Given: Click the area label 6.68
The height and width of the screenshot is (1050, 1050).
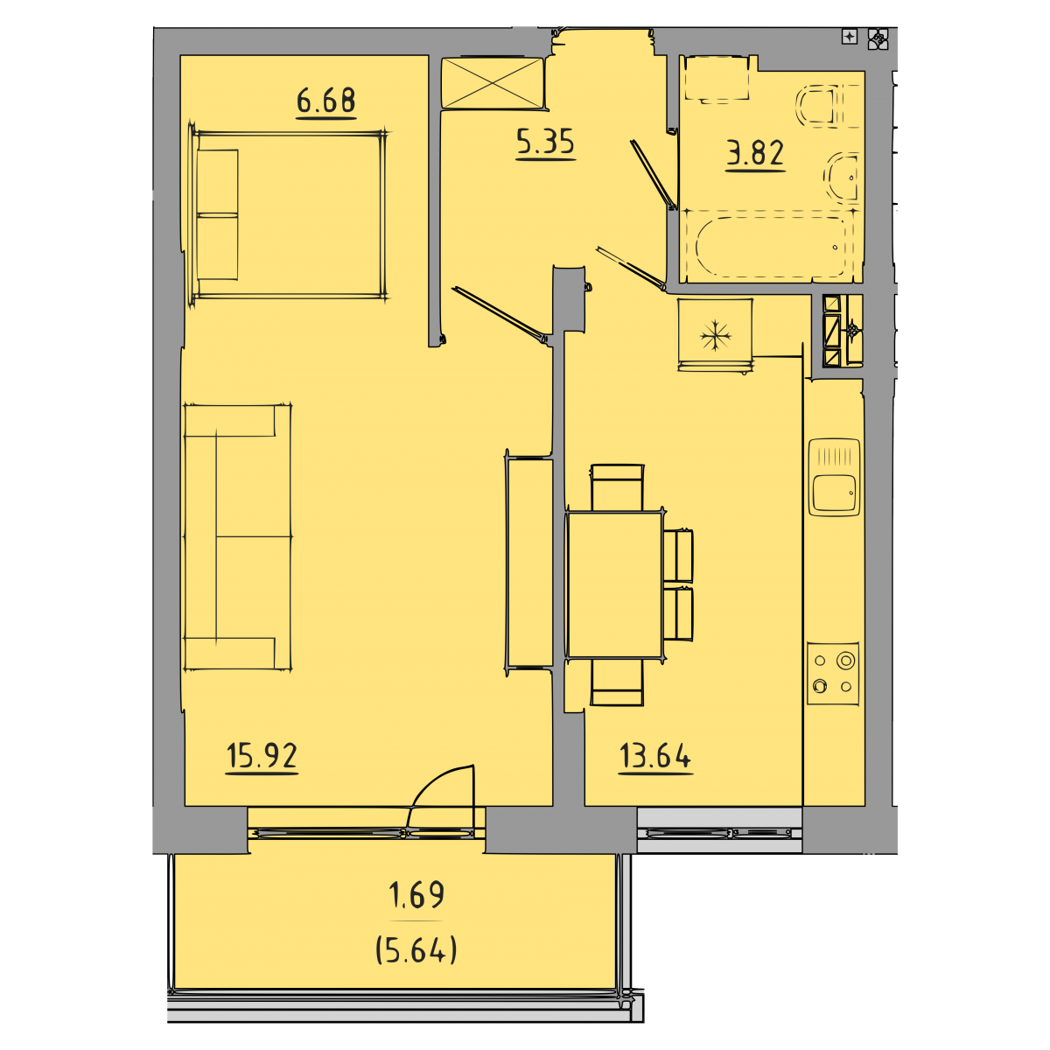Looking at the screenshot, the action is pyautogui.click(x=325, y=101).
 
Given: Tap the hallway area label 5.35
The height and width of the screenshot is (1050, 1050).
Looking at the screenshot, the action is pyautogui.click(x=545, y=143).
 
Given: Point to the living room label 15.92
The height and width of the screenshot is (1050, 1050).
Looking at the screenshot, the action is pyautogui.click(x=262, y=756).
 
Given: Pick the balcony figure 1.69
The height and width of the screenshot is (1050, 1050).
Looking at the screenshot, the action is pyautogui.click(x=416, y=895).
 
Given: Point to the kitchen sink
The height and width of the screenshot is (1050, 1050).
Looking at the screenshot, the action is pyautogui.click(x=834, y=478).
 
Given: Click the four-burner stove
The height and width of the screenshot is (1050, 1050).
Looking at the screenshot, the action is pyautogui.click(x=833, y=674).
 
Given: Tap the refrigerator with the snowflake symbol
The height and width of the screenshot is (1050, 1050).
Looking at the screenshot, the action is pyautogui.click(x=715, y=334).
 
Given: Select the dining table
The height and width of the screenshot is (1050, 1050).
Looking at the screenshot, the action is pyautogui.click(x=614, y=585).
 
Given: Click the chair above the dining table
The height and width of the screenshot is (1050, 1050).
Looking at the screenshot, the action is pyautogui.click(x=617, y=487).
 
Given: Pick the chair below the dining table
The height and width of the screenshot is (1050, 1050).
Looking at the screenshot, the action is pyautogui.click(x=617, y=682).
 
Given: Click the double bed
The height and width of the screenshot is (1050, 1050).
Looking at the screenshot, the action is pyautogui.click(x=289, y=214).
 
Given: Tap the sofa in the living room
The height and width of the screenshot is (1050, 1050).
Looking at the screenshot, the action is pyautogui.click(x=238, y=536).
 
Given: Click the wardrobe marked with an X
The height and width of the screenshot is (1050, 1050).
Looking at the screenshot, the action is pyautogui.click(x=492, y=83).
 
